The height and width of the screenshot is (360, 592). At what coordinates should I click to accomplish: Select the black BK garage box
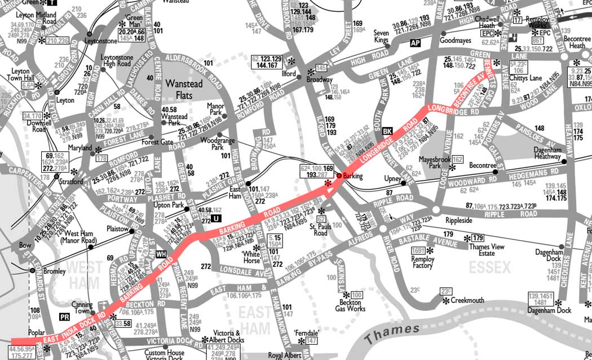[387, 130]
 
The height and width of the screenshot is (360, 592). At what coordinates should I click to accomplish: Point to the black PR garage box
[65, 317]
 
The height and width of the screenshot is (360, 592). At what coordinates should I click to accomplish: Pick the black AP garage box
[416, 43]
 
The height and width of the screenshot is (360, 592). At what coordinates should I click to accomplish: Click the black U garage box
[217, 218]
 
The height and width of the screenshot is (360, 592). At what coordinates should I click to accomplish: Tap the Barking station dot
[339, 176]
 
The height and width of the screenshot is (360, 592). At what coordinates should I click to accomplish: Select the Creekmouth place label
[467, 301]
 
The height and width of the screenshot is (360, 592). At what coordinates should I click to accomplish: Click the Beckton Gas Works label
[350, 305]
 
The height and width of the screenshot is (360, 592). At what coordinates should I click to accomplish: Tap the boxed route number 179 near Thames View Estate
[478, 238]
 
